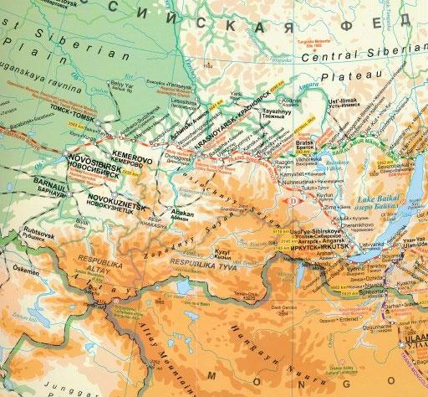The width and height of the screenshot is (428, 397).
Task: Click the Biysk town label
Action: (82, 221)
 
